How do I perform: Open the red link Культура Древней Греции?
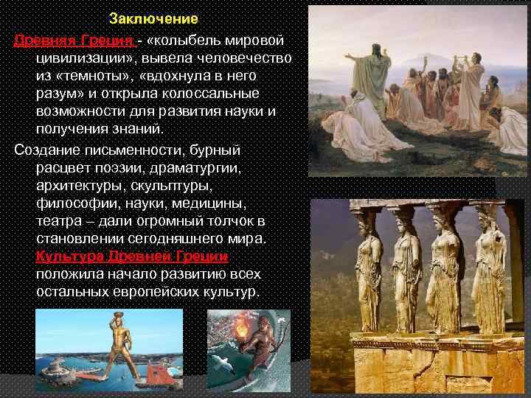click(x=132, y=256)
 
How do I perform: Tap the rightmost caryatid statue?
click(x=489, y=265)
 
